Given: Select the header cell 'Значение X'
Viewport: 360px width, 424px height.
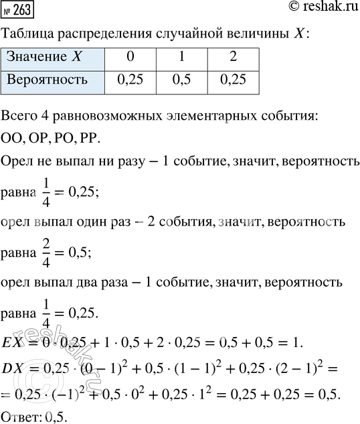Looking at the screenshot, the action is pyautogui.click(x=54, y=57).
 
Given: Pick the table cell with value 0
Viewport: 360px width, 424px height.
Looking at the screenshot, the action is pyautogui.click(x=129, y=57).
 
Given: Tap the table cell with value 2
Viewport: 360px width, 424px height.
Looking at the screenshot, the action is pyautogui.click(x=233, y=57).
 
